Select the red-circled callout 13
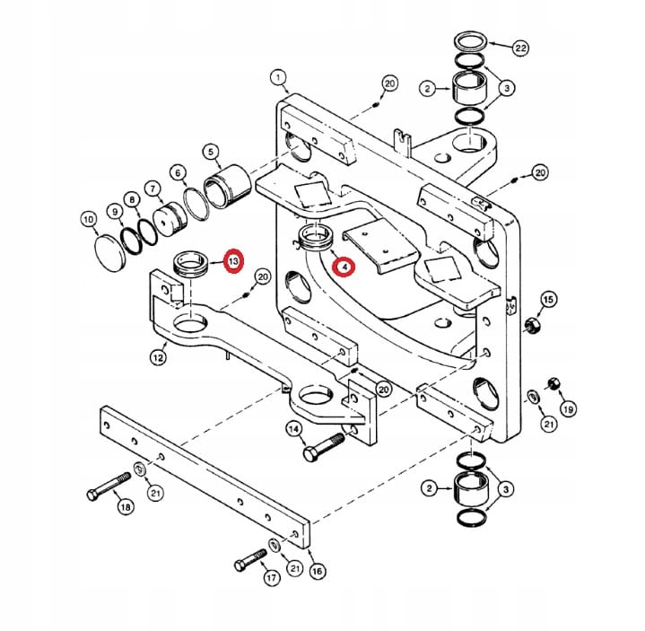(232, 261)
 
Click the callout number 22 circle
(520, 47)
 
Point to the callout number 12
(158, 358)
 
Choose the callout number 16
(315, 571)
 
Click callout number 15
(549, 299)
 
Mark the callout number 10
(88, 218)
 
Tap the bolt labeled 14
(323, 445)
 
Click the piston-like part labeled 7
(169, 218)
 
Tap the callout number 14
(292, 431)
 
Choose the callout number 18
(124, 508)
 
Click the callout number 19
(568, 409)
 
